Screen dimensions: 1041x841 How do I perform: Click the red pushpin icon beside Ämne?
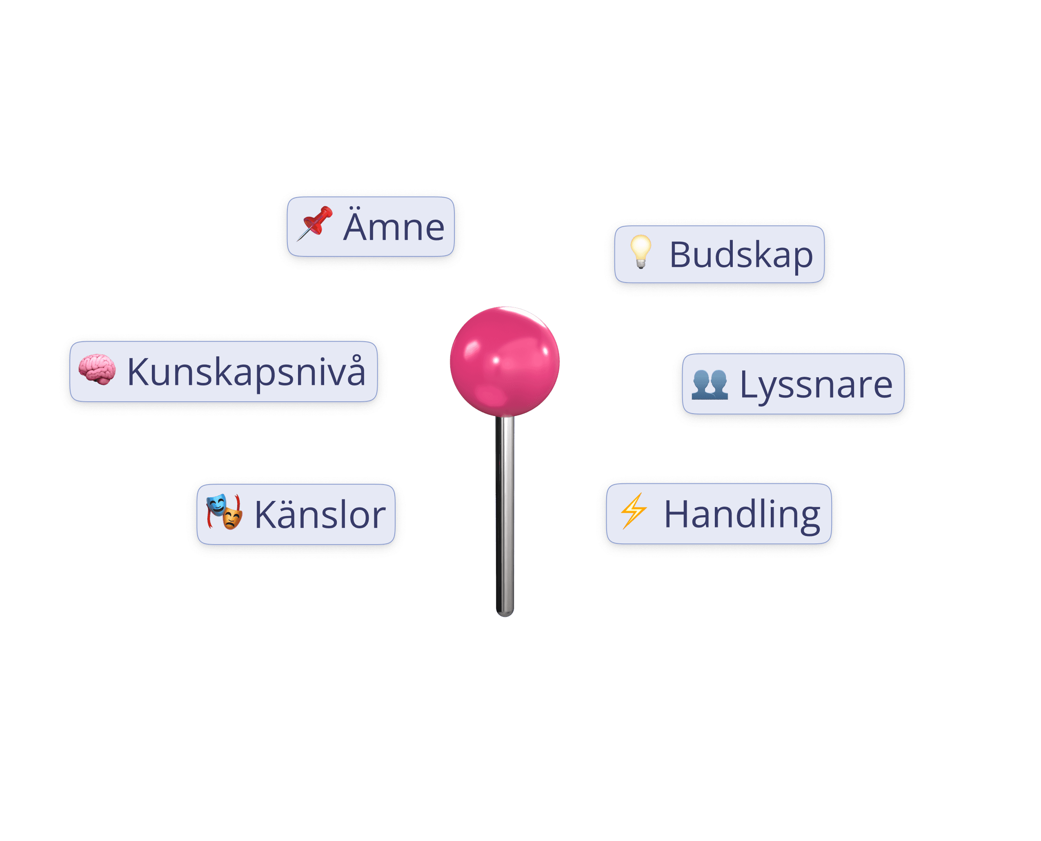pos(315,223)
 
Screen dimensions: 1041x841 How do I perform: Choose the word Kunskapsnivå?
pos(246,372)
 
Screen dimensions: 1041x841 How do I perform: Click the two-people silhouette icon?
pos(709,384)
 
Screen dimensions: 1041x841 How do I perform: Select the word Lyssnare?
pos(816,385)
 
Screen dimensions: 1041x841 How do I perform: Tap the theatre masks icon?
pos(224,512)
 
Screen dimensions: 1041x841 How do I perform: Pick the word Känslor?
pos(320,514)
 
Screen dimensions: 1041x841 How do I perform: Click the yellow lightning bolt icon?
pos(634,511)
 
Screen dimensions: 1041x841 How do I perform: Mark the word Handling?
pos(742,514)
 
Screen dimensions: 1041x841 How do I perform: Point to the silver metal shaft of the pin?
pos(504,509)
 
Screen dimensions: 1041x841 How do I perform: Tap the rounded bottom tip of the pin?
pos(505,613)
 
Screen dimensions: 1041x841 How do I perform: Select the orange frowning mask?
pos(233,519)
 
